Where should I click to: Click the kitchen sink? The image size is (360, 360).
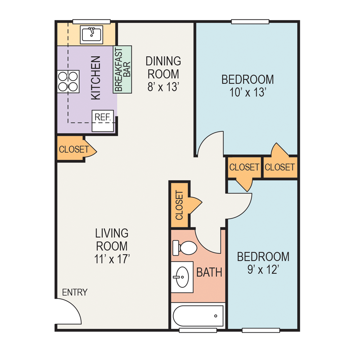[x=92, y=35]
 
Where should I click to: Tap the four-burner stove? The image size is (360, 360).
[x=68, y=81]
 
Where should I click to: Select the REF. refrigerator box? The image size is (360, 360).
[x=103, y=121]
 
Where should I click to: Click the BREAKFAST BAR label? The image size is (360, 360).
[x=122, y=69]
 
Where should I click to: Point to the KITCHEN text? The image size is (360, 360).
[x=95, y=78]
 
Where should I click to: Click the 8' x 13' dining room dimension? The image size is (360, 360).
[x=163, y=87]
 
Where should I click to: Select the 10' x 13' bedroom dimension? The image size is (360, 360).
[x=247, y=93]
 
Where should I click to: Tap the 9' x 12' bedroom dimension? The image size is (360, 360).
[x=263, y=270]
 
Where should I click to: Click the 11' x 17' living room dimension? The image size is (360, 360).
[x=112, y=259]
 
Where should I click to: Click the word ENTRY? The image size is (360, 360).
[x=75, y=292]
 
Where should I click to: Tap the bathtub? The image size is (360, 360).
[x=198, y=316]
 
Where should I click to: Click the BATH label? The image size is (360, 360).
[x=209, y=272]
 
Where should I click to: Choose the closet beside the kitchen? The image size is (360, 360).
[x=73, y=149]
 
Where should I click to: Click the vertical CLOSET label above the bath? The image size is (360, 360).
[x=179, y=205]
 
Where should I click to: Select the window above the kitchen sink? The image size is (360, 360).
[x=91, y=22]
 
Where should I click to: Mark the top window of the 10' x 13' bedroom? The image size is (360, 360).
[x=250, y=22]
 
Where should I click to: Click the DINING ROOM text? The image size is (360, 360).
[x=163, y=67]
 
